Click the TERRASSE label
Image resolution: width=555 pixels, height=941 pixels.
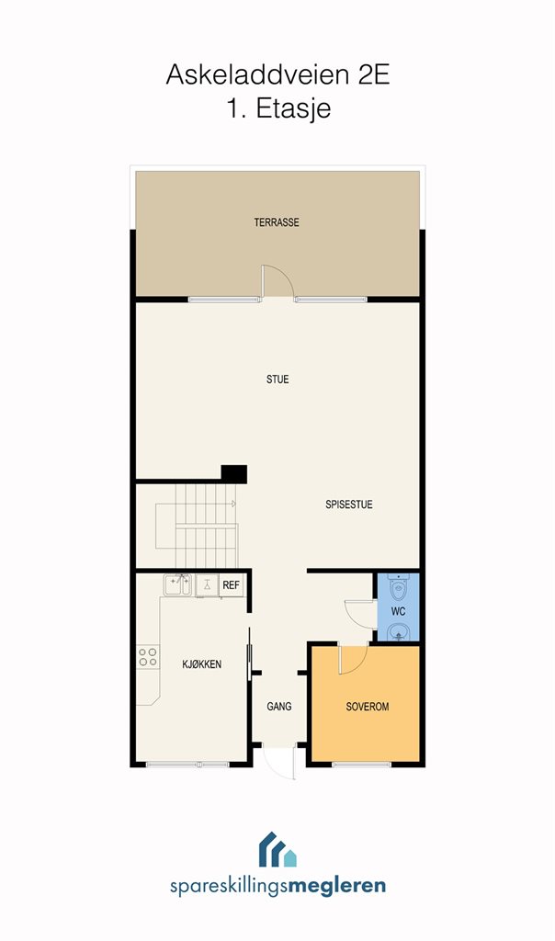277,222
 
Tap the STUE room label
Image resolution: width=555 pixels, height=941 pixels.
277,380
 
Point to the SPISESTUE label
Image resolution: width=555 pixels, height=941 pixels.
349,505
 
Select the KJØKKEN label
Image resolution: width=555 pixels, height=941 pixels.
201,663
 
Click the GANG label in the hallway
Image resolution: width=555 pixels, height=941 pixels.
279,707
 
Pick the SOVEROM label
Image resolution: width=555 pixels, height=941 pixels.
368,707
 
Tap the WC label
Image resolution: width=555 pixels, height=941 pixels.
399,611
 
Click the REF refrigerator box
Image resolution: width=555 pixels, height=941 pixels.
232,585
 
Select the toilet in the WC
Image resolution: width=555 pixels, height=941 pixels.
399,587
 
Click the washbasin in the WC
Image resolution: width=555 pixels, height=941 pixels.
399,631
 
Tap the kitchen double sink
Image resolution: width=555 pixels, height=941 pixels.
177,585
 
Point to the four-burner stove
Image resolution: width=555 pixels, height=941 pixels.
148,657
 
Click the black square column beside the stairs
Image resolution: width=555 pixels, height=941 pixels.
234,474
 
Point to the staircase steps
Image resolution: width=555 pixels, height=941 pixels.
197,526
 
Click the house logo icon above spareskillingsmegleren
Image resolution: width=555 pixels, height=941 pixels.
277,849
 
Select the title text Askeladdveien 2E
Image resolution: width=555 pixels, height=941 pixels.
277,75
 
